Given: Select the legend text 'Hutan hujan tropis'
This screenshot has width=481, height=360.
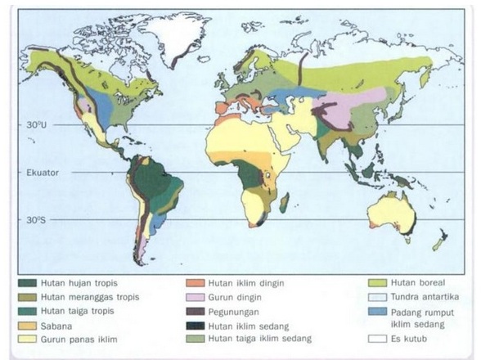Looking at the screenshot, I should tap(78, 282).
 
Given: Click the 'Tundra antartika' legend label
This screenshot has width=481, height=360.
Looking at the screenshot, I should tap(418, 296).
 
